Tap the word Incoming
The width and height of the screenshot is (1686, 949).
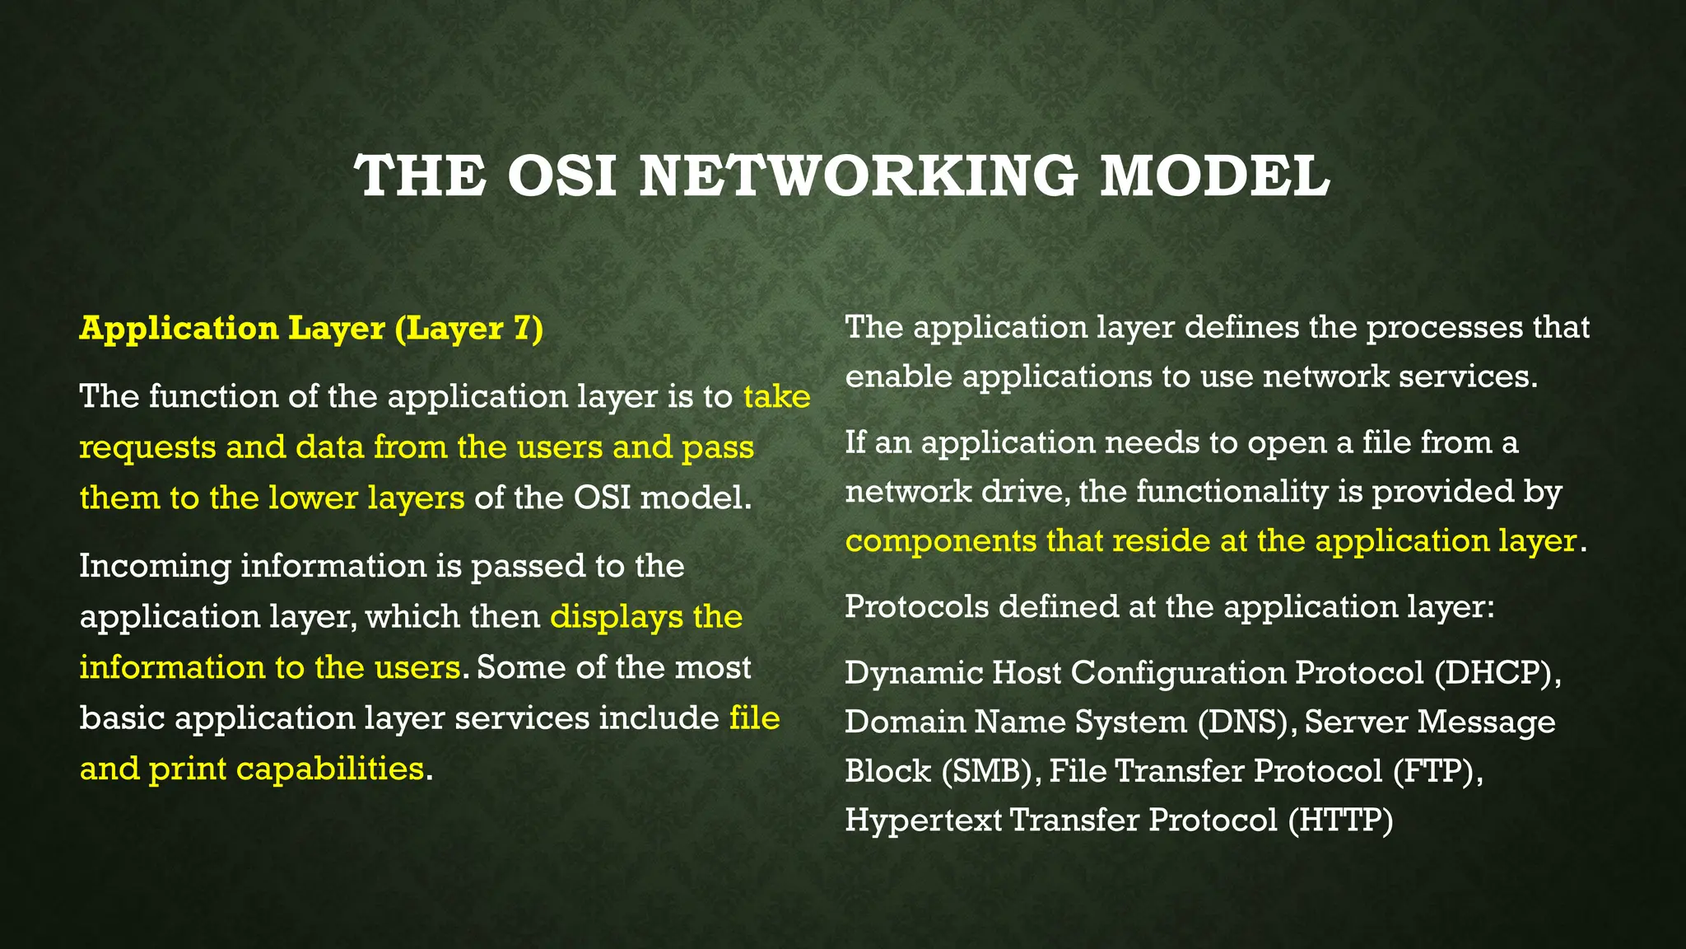pyautogui.click(x=155, y=567)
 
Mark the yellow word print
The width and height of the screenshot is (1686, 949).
pyautogui.click(x=188, y=769)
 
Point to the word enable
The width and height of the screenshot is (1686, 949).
pyautogui.click(x=898, y=376)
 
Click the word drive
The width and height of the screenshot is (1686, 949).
pyautogui.click(x=1026, y=492)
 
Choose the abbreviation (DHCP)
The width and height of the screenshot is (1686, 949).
pyautogui.click(x=1497, y=673)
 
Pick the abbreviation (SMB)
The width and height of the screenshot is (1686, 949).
pyautogui.click(x=990, y=771)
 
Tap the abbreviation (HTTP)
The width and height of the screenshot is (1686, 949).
pyautogui.click(x=1340, y=820)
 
